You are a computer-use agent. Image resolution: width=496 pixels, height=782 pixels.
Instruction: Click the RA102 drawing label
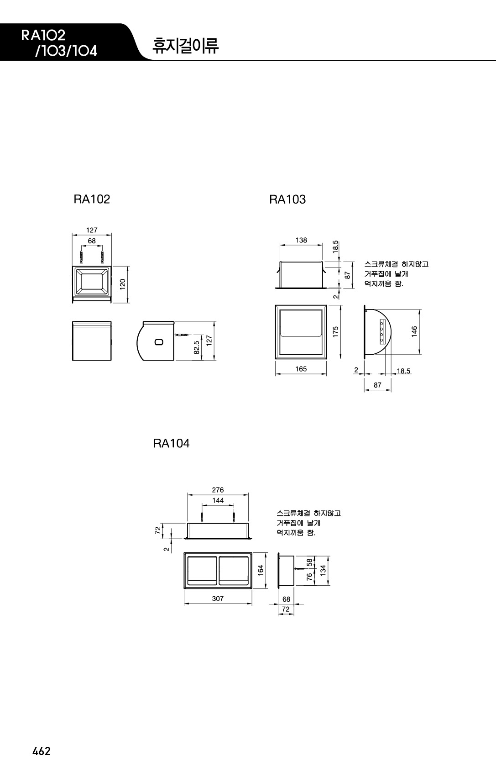pos(92,199)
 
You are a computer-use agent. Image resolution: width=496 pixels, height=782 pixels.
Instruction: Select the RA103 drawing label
pos(287,199)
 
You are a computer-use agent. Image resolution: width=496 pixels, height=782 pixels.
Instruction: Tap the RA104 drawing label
pos(172,443)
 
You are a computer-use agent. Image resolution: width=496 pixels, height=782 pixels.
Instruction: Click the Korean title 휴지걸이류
pos(185,46)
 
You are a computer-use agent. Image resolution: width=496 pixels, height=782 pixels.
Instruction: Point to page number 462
pos(42,751)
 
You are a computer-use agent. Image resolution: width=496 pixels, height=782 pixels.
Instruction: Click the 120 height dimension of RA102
pos(122,284)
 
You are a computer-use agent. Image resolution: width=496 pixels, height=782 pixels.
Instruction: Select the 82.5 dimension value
pos(197,347)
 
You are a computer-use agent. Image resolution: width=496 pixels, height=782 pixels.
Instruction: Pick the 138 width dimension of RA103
pos(301,240)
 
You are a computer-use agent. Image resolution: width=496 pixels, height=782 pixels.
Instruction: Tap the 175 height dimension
pos(335,331)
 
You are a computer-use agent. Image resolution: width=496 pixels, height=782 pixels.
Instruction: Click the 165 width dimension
pos(301,369)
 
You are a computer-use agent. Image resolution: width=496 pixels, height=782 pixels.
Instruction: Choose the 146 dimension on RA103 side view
pos(414,331)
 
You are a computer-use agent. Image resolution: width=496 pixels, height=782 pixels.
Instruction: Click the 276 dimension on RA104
pos(218,490)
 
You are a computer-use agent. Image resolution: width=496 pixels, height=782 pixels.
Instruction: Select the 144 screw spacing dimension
pos(218,500)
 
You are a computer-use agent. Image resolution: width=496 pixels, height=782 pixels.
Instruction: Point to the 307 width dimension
pos(218,599)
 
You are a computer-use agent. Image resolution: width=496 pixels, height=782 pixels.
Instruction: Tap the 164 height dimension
pos(261,571)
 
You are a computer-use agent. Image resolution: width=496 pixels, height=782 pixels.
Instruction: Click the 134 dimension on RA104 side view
pos(323,571)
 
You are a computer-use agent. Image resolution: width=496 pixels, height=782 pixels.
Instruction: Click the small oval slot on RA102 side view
pos(159,342)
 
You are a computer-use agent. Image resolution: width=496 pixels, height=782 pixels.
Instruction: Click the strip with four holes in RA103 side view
pos(382,331)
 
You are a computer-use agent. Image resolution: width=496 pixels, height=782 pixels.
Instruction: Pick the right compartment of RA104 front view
pos(234,571)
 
